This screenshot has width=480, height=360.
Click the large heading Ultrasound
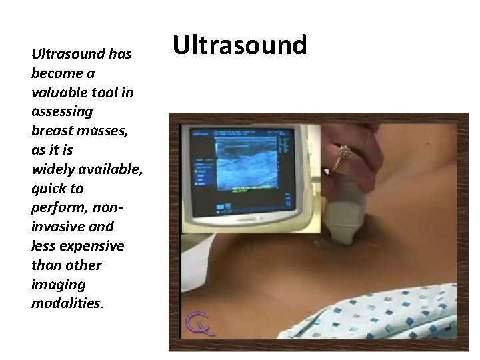[239, 45]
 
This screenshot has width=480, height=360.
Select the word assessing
[62, 111]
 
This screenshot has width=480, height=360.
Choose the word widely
[53, 169]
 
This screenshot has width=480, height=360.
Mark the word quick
[50, 188]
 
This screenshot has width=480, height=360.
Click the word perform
[59, 207]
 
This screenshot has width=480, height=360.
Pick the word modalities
[65, 303]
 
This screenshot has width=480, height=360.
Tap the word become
[56, 73]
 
